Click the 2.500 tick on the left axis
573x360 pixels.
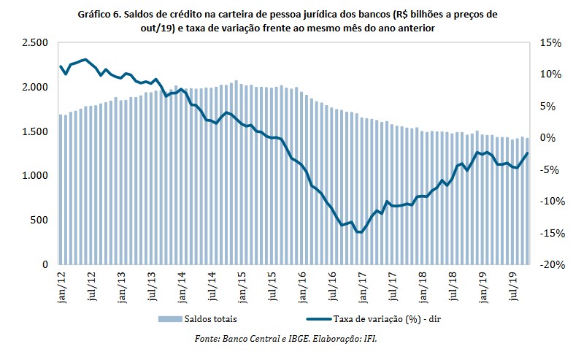point(35,43)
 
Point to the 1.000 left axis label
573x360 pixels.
point(35,176)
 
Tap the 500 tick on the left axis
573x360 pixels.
point(40,220)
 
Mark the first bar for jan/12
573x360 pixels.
point(61,189)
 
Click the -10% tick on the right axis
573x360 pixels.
point(551,202)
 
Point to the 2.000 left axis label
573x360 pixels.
point(35,88)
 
